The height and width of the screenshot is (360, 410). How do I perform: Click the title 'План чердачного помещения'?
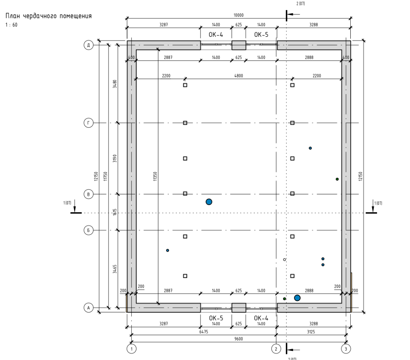point(49,16)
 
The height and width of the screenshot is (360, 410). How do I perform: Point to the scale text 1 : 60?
point(12,25)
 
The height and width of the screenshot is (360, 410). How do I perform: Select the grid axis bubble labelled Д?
point(88,45)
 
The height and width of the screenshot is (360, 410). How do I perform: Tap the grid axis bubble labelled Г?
point(88,123)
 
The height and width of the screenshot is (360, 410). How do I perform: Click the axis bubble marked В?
point(88,194)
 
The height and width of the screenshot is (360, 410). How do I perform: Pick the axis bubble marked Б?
point(88,230)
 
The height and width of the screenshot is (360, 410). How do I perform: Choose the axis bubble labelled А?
point(88,308)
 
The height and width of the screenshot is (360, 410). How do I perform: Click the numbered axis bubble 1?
point(131,349)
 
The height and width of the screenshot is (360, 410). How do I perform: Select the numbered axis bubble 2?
point(276,349)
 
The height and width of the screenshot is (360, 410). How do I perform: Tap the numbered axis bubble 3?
point(346,349)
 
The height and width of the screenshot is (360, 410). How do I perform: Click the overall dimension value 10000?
point(238,15)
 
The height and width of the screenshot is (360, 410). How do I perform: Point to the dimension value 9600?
point(238,339)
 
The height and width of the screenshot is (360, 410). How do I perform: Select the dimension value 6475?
point(204,332)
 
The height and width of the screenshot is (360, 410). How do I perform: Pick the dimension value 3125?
point(311,332)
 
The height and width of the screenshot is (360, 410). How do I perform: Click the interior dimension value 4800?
point(238,76)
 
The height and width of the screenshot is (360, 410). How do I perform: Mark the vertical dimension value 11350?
point(155,176)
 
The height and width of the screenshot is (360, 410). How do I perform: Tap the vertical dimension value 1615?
point(115,212)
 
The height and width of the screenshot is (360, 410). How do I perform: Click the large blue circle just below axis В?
point(209,202)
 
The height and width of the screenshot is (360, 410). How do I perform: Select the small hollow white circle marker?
point(285,260)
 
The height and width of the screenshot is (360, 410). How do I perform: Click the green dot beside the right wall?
point(337,179)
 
